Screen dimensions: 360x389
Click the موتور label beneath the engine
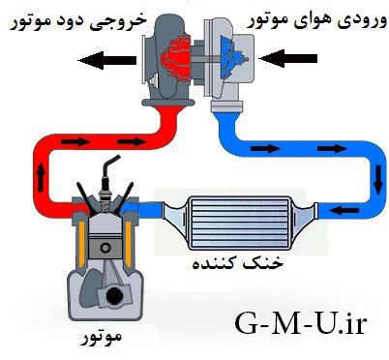pos(105,340)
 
